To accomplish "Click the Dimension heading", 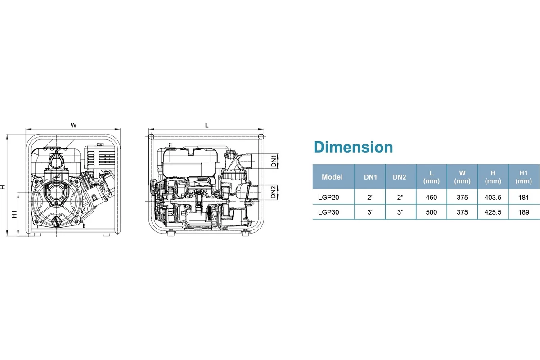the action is (x=353, y=147).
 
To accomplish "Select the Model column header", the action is (x=332, y=177).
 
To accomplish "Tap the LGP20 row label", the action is (x=328, y=197).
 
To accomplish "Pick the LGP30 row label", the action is (x=328, y=212).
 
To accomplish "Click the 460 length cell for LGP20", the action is (x=431, y=197).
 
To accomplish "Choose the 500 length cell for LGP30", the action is (x=431, y=212).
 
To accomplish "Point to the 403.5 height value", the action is (x=493, y=197).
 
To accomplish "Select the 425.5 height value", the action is (x=493, y=212).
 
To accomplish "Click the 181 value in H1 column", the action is (x=524, y=197).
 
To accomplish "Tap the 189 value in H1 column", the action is (x=524, y=212).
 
